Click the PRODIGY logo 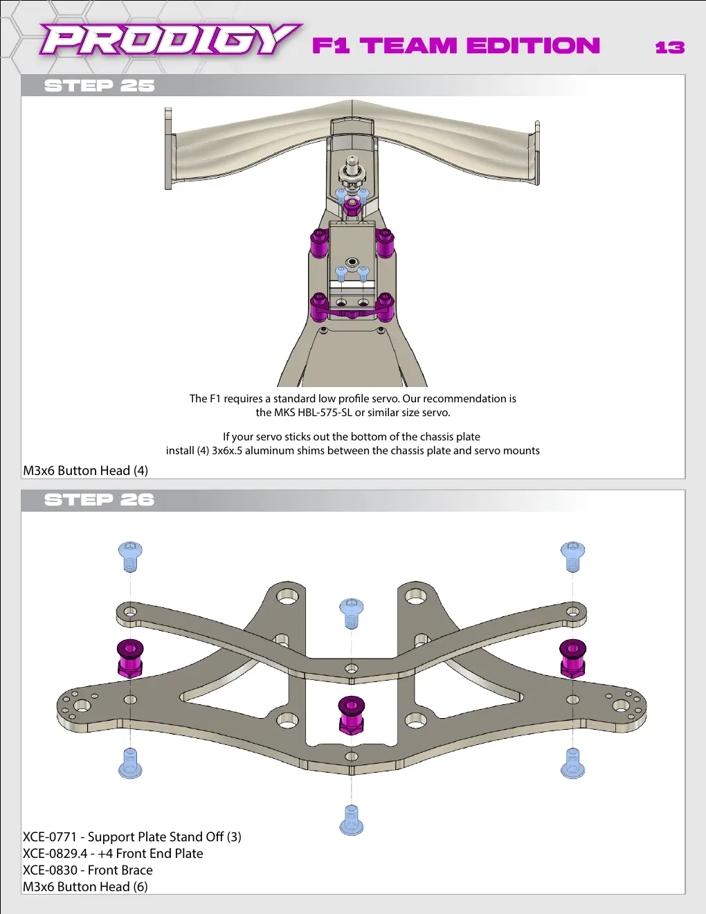click(170, 39)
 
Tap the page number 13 click(670, 47)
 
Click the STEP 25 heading click(99, 86)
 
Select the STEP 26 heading click(99, 500)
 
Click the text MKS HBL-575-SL click(314, 412)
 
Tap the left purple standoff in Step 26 click(130, 658)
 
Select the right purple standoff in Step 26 click(572, 658)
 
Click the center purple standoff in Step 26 click(352, 715)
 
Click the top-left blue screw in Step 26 click(130, 557)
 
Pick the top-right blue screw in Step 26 click(572, 557)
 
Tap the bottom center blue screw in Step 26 click(352, 821)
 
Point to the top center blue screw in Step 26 click(352, 613)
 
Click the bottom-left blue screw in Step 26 click(130, 764)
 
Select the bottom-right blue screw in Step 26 click(572, 764)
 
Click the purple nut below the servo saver click(351, 206)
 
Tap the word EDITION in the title click(533, 46)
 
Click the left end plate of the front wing click(169, 148)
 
